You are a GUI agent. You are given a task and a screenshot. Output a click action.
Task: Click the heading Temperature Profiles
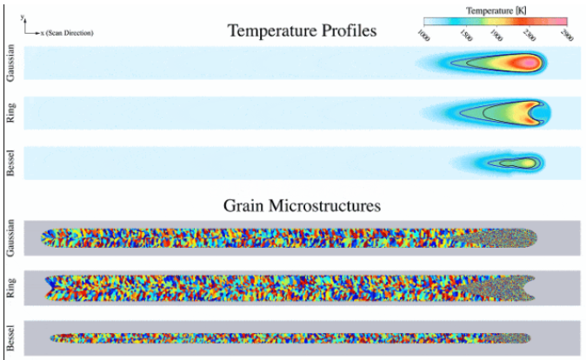coord(302,31)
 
